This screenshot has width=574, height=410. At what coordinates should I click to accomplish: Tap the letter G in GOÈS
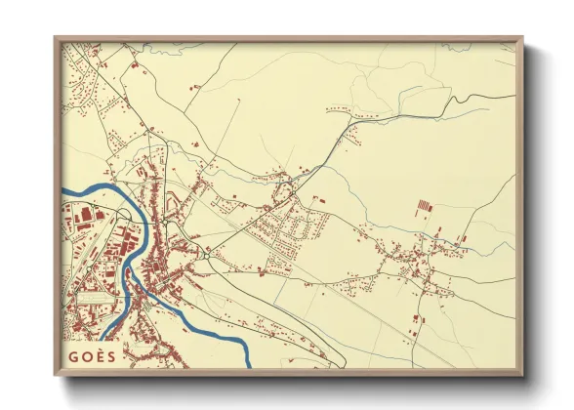pyautogui.click(x=73, y=356)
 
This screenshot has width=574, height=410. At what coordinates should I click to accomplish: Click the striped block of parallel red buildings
pyautogui.click(x=424, y=206)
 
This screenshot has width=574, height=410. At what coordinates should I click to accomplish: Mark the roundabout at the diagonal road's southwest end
pyautogui.click(x=206, y=254)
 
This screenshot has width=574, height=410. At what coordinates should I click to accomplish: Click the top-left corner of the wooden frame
pyautogui.click(x=56, y=38)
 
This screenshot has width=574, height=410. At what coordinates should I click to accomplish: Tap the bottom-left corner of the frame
pyautogui.click(x=56, y=376)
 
